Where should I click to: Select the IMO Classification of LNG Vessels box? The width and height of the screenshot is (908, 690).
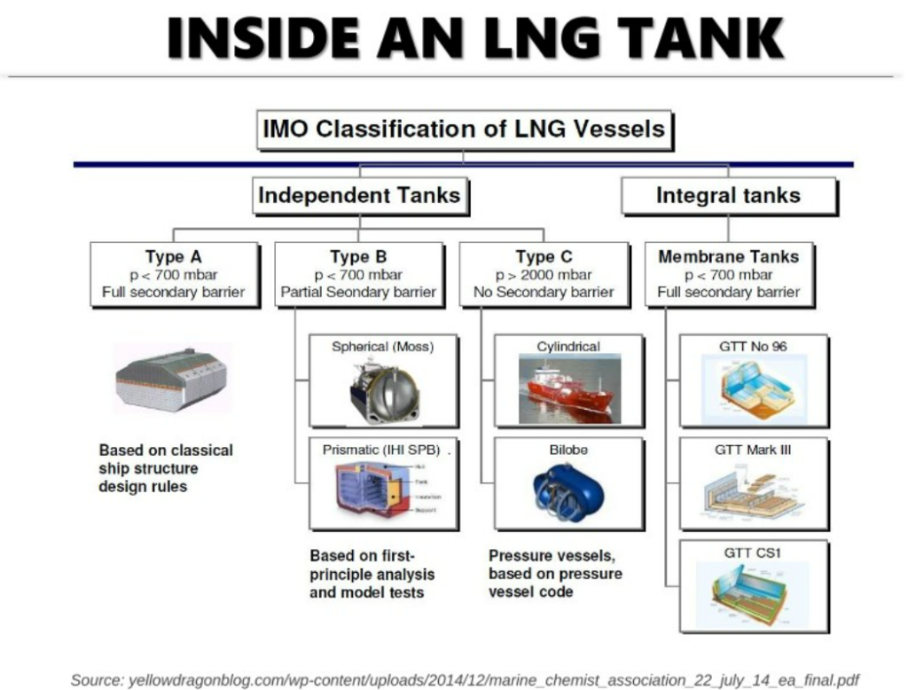(464, 129)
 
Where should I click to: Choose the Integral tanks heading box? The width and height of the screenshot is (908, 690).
(728, 196)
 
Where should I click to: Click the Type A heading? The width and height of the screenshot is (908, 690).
(174, 257)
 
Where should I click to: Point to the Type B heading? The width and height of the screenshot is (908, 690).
(358, 257)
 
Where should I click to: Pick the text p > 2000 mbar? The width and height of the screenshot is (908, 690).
(544, 275)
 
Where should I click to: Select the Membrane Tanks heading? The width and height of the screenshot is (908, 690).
(728, 257)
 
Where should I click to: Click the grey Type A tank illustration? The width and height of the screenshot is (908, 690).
(172, 378)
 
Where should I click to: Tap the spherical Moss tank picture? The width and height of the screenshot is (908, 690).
(383, 390)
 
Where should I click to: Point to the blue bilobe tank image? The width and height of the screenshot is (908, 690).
(568, 493)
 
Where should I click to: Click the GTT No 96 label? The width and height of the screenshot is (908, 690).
(753, 346)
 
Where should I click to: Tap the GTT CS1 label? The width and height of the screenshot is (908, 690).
(753, 553)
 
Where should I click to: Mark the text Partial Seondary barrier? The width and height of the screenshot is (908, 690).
(358, 292)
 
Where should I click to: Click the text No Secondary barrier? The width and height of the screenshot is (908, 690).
(544, 292)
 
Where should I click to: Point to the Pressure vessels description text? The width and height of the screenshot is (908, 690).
(555, 573)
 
